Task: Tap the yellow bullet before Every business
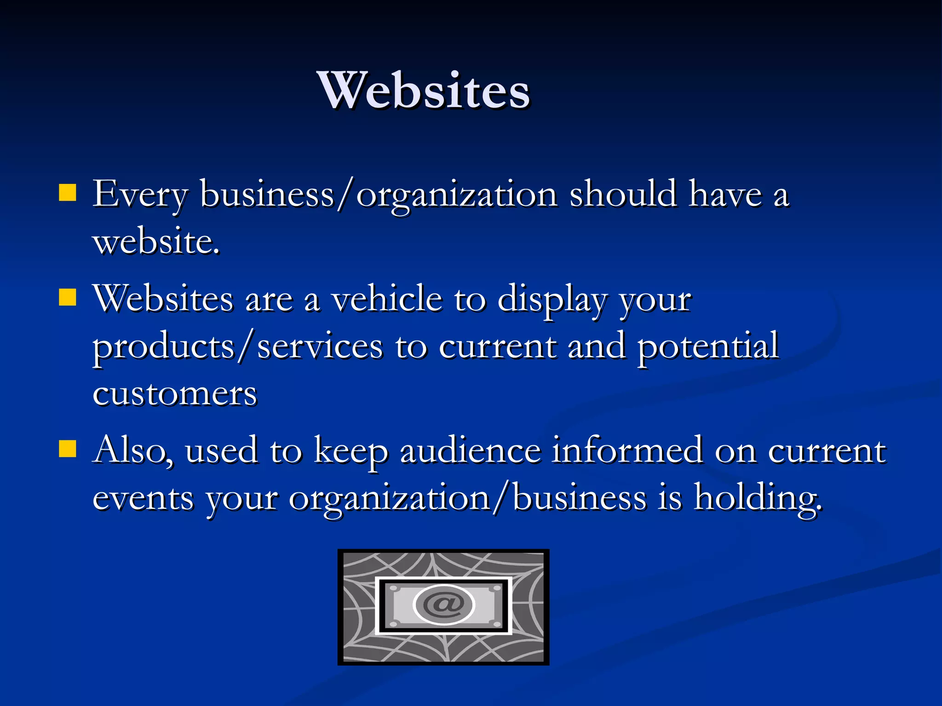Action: (68, 193)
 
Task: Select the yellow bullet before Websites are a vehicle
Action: (68, 297)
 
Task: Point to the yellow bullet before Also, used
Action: (68, 449)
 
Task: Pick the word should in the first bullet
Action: (623, 194)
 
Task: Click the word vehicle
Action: (387, 299)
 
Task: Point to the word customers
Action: (175, 394)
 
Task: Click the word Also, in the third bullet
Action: (133, 450)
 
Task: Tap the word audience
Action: (470, 450)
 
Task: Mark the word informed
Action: (627, 450)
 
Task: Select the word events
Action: (143, 498)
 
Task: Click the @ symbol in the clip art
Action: (443, 604)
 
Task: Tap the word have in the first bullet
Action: (725, 194)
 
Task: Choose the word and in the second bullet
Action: (597, 346)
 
